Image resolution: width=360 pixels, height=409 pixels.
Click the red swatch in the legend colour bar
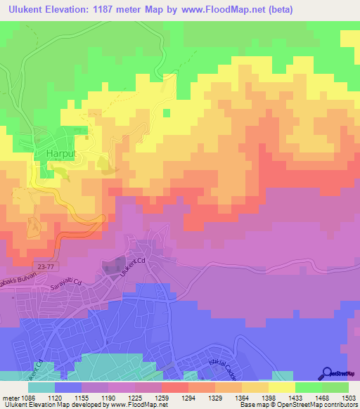(174, 387)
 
